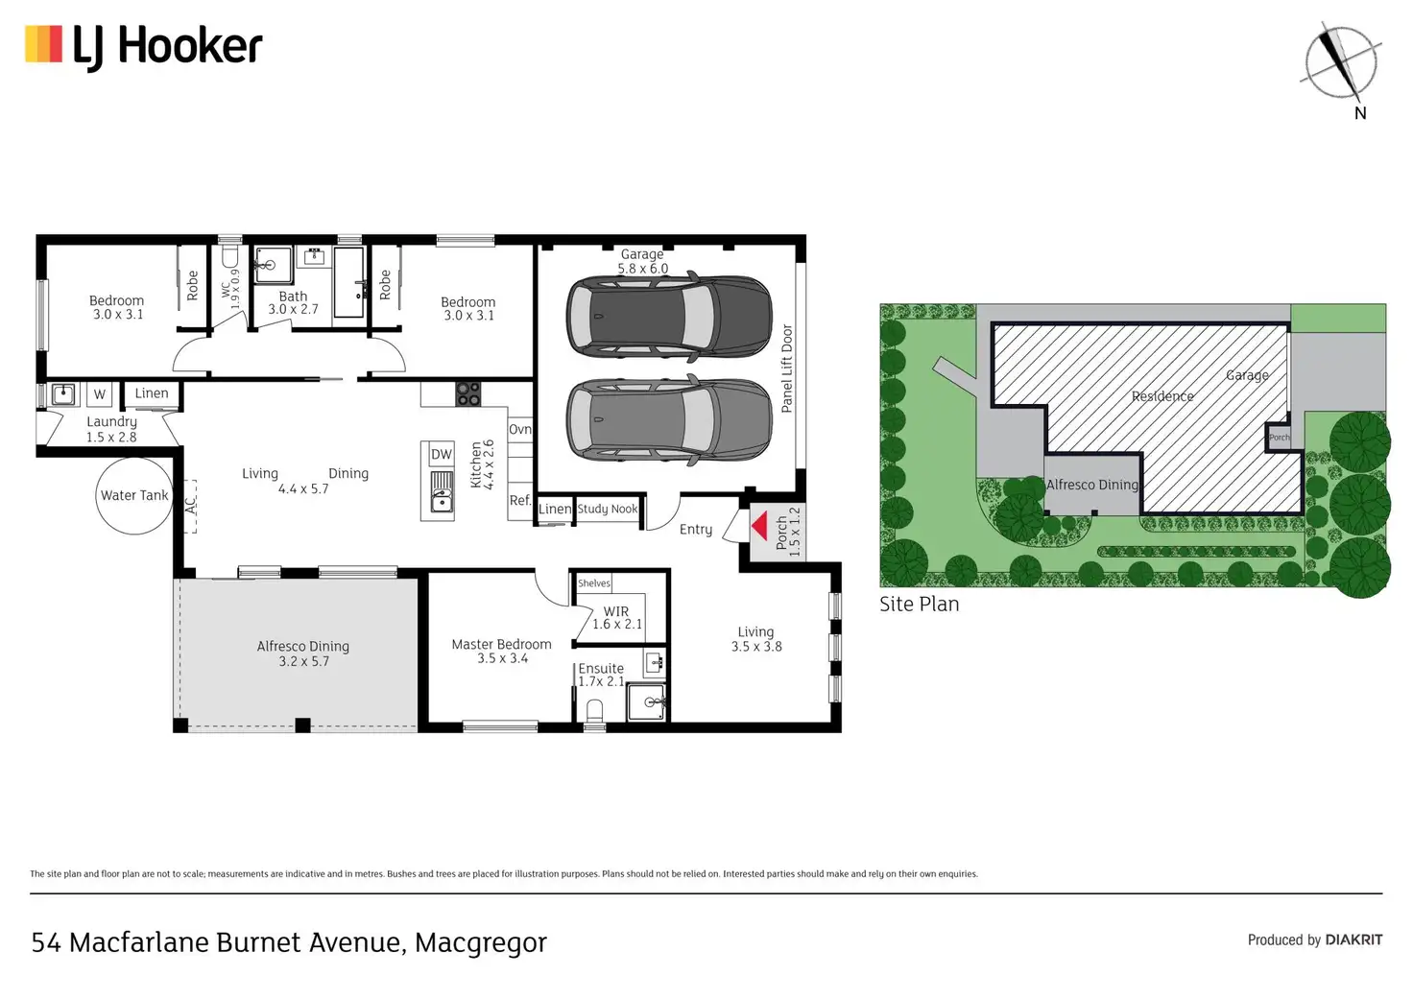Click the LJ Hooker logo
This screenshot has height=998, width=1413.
pyautogui.click(x=143, y=46)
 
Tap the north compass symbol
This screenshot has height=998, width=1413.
pyautogui.click(x=1341, y=63)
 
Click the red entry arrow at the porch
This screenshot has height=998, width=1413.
pyautogui.click(x=759, y=527)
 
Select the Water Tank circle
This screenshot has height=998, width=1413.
pyautogui.click(x=134, y=495)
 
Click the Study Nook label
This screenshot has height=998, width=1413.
pyautogui.click(x=608, y=509)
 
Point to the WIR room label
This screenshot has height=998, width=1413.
pyautogui.click(x=615, y=611)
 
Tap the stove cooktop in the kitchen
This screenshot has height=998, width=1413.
pyautogui.click(x=468, y=393)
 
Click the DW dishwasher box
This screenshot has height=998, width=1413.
pyautogui.click(x=442, y=454)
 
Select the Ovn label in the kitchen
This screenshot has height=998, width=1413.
pyautogui.click(x=519, y=429)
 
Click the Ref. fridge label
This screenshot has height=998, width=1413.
pyautogui.click(x=519, y=500)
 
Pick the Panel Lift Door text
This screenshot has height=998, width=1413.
pyautogui.click(x=786, y=368)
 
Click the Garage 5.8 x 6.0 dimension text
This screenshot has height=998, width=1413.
pyautogui.click(x=642, y=268)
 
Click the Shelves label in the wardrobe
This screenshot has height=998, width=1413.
pyautogui.click(x=594, y=583)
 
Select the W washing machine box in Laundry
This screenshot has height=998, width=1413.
pyautogui.click(x=100, y=394)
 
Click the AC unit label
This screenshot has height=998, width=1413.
pyautogui.click(x=190, y=506)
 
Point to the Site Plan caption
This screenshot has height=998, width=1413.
pyautogui.click(x=919, y=604)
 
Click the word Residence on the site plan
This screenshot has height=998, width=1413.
pyautogui.click(x=1162, y=396)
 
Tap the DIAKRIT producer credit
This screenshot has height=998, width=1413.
pyautogui.click(x=1353, y=940)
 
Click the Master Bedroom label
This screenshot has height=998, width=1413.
pyautogui.click(x=501, y=644)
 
